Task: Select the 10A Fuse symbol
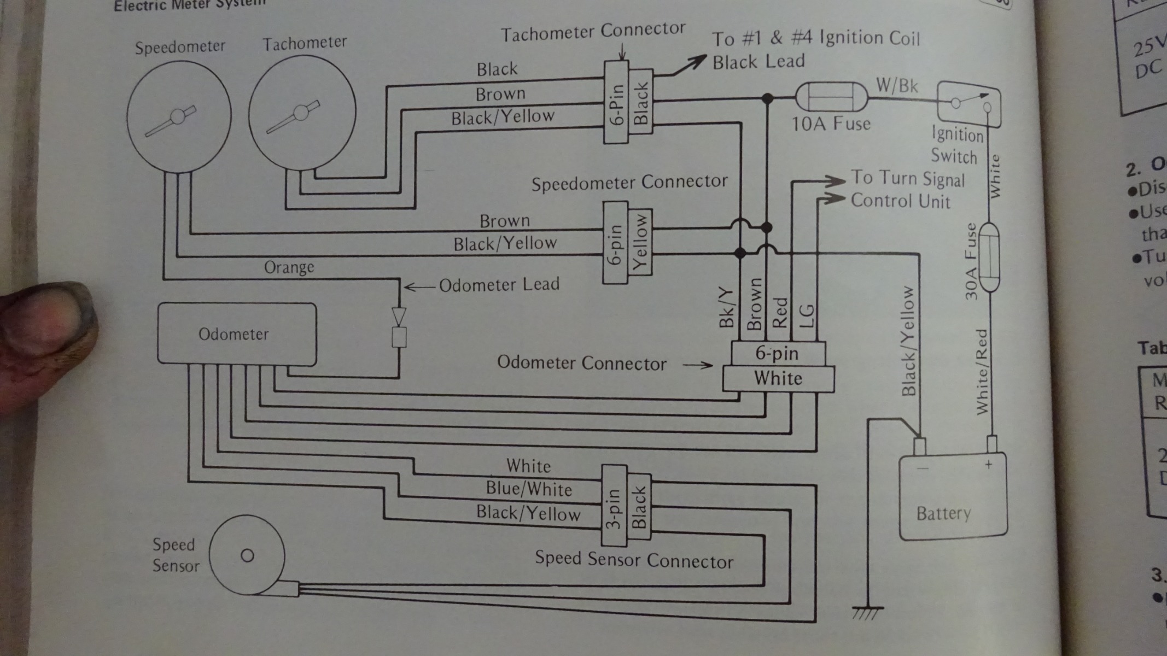coord(831,98)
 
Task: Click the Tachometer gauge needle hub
coord(301,113)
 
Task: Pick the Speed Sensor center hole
coord(247,555)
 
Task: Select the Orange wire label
coord(289,267)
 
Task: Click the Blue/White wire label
coord(529,489)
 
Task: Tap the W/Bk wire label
coord(897,86)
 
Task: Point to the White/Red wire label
coord(983,372)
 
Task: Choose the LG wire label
coord(807,316)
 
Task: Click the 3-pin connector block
coord(614,506)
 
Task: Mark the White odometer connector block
coord(778,379)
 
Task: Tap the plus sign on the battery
coord(989,465)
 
